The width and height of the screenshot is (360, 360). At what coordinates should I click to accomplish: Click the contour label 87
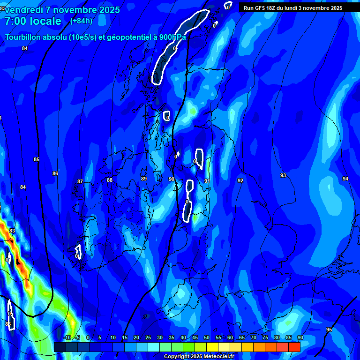coord(80,181)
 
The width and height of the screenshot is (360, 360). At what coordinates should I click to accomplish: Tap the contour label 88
coord(110,180)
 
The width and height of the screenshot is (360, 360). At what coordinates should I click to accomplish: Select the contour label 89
coord(144,179)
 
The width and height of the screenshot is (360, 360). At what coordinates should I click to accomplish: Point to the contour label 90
coord(172,179)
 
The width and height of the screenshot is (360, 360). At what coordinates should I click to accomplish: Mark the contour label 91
coord(207,181)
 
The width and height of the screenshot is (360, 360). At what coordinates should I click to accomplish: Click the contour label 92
coord(240,180)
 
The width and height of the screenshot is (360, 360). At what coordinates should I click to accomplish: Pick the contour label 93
coord(283,175)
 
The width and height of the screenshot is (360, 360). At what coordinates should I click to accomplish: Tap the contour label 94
coord(345,179)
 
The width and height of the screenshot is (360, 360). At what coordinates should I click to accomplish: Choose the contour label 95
coord(329,330)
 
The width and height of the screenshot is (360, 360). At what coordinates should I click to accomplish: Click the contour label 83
coord(12,231)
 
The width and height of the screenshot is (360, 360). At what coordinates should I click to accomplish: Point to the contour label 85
coord(37,159)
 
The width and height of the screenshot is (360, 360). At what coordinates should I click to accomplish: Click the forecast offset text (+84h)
coord(81,21)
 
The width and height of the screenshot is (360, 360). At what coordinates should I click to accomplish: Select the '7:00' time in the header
coord(15,21)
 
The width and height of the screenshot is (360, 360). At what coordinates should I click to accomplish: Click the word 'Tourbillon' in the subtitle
coord(23,37)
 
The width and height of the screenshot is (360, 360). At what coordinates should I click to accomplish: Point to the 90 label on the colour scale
coord(300,337)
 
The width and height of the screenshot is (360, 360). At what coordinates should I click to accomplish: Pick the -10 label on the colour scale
coord(67,337)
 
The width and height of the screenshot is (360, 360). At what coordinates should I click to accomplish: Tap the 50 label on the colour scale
coord(207,337)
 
